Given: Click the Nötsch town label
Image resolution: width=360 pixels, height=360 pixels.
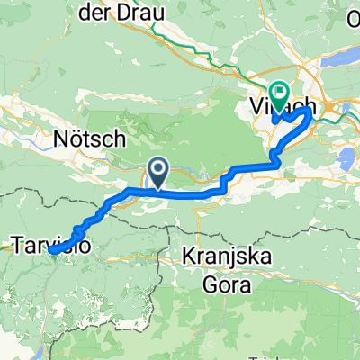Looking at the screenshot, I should click(x=80, y=140).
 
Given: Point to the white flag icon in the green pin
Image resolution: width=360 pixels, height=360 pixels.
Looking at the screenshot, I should click(x=278, y=90).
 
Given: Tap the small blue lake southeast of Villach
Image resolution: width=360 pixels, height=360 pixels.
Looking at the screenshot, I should click(x=345, y=163).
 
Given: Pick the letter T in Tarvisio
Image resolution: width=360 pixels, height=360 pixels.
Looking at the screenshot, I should click(x=18, y=243).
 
